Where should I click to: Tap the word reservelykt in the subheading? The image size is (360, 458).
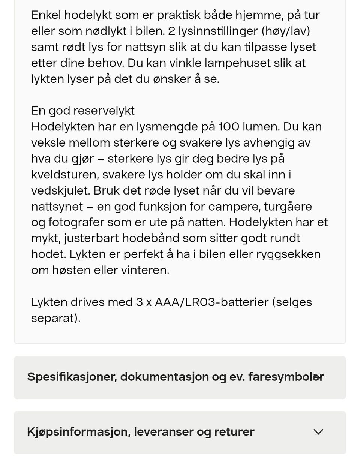tap(103, 111)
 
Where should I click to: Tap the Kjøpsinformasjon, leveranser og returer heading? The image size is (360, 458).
tap(141, 432)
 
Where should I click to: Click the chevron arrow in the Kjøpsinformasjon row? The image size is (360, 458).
tap(318, 432)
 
